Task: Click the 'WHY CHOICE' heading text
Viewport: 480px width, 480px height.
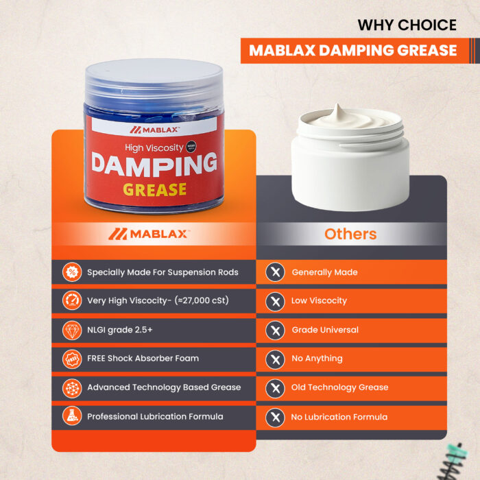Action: coord(407,25)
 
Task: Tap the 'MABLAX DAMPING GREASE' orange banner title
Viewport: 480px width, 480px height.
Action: coord(352,51)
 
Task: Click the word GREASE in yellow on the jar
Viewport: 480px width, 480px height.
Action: coord(154,190)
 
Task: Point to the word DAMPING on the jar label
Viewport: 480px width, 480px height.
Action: coord(154,165)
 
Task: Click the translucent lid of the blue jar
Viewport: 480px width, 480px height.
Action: coord(154,81)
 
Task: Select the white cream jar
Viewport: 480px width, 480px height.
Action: coord(350,158)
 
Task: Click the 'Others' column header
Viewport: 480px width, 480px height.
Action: coord(350,235)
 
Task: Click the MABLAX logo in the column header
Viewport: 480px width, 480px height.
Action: coord(149,235)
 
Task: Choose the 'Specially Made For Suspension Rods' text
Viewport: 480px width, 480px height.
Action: coord(163,272)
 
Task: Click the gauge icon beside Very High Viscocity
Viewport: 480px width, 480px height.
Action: coord(72,300)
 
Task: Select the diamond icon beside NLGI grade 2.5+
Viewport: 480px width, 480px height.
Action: coord(72,330)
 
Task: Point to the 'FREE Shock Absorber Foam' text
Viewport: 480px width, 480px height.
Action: coord(143,359)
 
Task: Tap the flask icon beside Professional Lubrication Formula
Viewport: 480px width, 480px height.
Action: coord(72,416)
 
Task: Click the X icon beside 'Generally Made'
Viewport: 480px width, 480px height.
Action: coord(275,272)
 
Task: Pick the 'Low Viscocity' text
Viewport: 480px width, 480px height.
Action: coord(319,300)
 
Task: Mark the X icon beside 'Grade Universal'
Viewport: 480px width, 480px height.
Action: coord(275,330)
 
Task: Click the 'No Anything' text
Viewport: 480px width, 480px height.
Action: coord(317,359)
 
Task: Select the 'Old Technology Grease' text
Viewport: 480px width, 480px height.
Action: coord(339,387)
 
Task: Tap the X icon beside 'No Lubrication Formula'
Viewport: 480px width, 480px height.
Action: coord(275,417)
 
